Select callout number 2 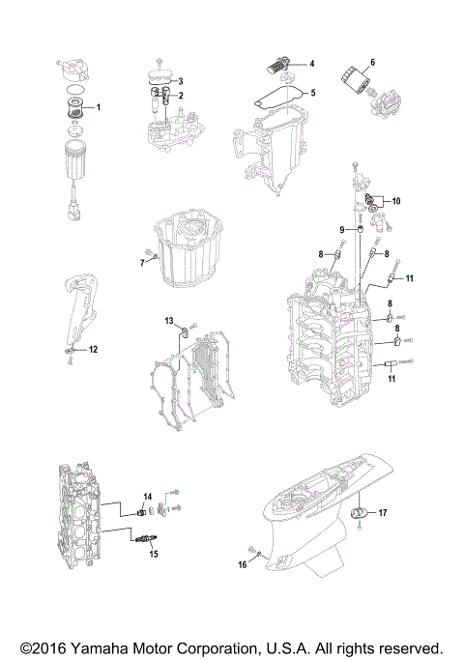[x=179, y=96]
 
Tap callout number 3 [x=179, y=80]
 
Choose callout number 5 [x=312, y=93]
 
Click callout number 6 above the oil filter [x=372, y=62]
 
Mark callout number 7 [x=141, y=262]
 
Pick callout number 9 [x=341, y=229]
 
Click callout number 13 [x=168, y=320]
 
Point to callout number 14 [x=148, y=497]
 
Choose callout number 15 [x=152, y=554]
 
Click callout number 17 [x=383, y=514]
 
